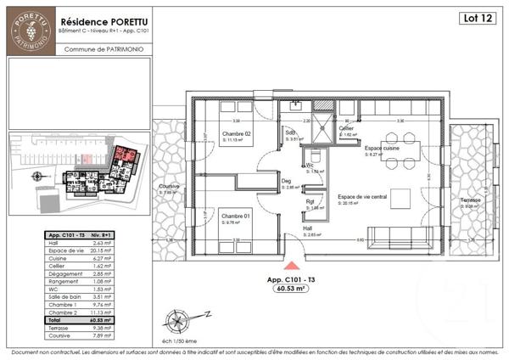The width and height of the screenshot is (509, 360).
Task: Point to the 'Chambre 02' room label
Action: point(237,135)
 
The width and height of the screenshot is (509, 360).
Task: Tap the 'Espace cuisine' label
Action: point(381,148)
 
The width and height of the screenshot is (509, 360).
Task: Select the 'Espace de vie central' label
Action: point(362,196)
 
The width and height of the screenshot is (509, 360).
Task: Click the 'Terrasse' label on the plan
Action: point(471,200)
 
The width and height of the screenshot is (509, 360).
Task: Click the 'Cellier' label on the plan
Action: point(348,128)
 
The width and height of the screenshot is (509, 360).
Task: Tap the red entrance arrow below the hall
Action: point(291,267)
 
